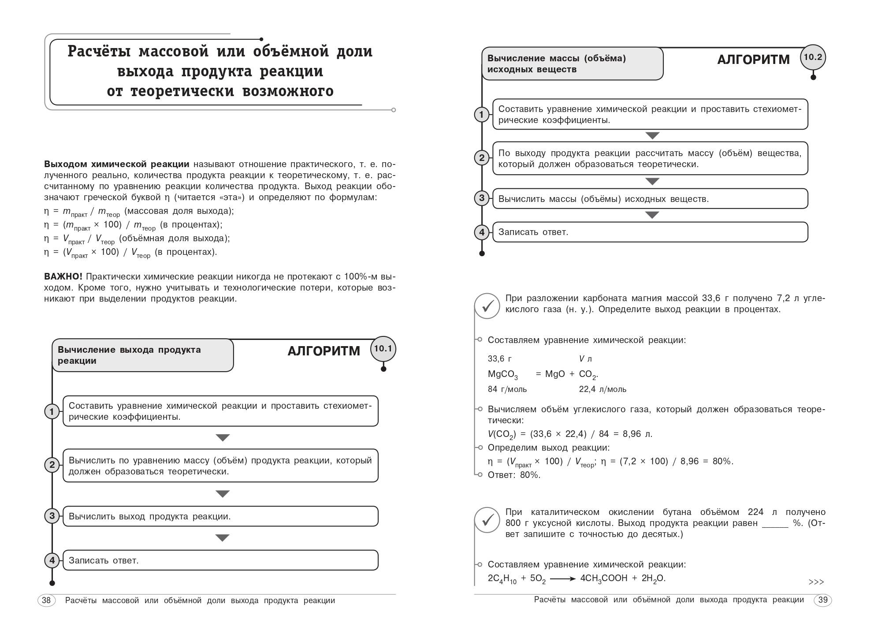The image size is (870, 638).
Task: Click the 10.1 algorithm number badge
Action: coord(383,349)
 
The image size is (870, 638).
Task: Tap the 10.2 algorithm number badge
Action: coord(813,57)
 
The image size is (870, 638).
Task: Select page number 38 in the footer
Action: coord(46,600)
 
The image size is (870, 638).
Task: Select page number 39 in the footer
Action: coord(822,600)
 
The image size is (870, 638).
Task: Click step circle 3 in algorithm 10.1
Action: coord(52,516)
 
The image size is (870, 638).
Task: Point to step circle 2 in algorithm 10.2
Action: coord(482,158)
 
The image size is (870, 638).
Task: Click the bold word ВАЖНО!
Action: coord(63,276)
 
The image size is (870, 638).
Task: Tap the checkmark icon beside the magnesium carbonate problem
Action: coord(487,306)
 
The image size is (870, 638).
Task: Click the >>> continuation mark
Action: coord(816,582)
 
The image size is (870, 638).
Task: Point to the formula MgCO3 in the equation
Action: coord(503,374)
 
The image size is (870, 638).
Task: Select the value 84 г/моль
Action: coord(507,389)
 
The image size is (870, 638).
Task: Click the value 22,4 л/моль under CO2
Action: coord(602,389)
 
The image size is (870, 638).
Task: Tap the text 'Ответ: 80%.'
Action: coord(514,475)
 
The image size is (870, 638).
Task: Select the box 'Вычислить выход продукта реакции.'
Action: coord(220,516)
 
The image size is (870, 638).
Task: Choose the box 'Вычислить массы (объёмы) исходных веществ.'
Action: coord(650,199)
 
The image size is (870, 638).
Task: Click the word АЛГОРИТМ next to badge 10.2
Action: coord(753,60)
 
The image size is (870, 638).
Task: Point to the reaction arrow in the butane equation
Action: coord(563,578)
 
